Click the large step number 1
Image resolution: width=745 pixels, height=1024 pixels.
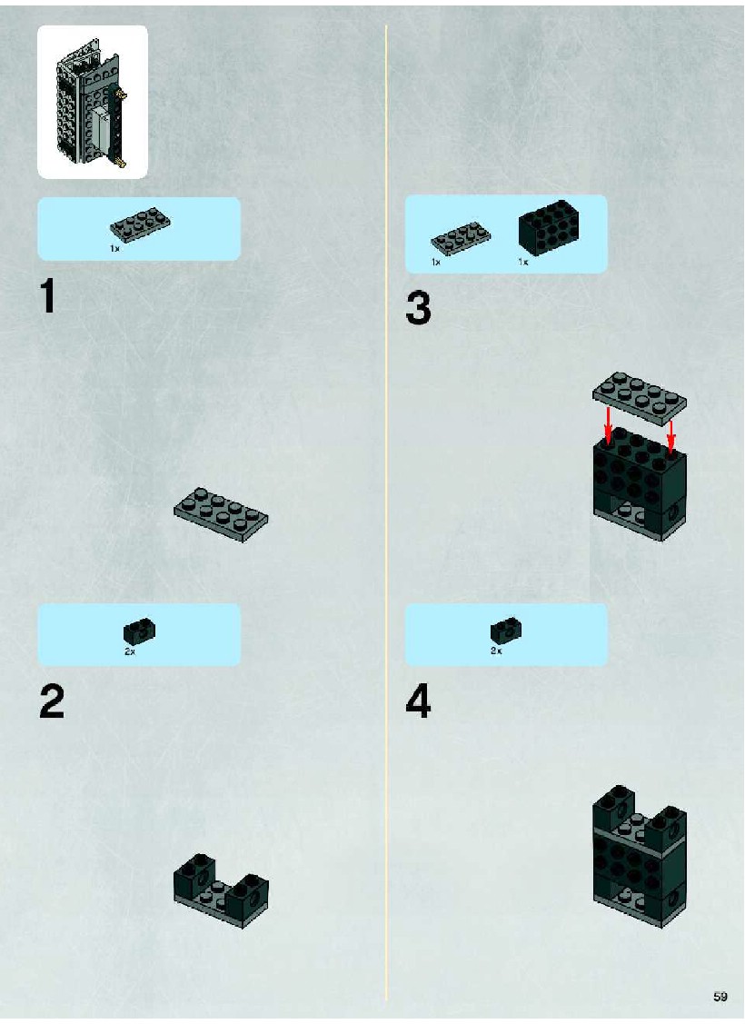click(47, 296)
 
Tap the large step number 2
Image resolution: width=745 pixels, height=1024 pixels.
click(52, 701)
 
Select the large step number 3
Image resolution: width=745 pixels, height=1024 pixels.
click(419, 308)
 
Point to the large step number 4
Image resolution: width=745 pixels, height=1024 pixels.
click(419, 701)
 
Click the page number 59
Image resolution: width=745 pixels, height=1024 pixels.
click(720, 996)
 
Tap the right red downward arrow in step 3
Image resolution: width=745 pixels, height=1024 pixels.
click(670, 436)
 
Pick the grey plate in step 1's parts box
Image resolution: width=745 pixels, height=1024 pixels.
click(141, 225)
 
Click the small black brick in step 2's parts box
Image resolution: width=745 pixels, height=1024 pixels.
click(139, 631)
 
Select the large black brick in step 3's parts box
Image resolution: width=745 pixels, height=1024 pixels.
click(550, 226)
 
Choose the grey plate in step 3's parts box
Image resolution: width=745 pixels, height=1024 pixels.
click(461, 238)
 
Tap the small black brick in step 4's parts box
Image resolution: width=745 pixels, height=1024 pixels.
click(506, 631)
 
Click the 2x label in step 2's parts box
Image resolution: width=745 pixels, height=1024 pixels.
click(130, 651)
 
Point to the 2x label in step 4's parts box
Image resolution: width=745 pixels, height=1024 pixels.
click(496, 651)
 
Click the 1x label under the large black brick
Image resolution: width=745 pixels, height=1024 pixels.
click(523, 262)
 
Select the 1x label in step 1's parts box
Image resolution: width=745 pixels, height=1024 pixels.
click(114, 249)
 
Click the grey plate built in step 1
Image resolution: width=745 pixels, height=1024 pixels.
click(221, 514)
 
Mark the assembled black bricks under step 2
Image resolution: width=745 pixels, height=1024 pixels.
click(221, 890)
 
